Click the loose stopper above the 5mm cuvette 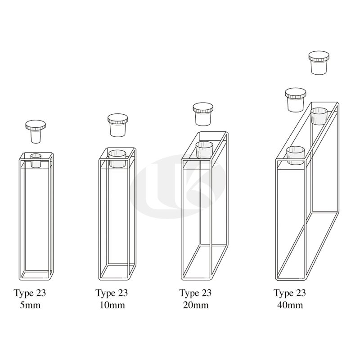point(36,131)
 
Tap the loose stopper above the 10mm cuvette point(117,125)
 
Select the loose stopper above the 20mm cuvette point(203,114)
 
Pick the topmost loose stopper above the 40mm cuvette point(319,63)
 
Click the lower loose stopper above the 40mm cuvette point(296,100)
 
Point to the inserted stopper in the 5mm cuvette point(36,161)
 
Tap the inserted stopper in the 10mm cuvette point(117,159)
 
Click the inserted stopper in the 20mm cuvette point(204,150)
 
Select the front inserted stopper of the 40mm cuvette point(296,155)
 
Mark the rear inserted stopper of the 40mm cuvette point(319,116)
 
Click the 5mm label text point(30,305)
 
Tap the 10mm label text point(112,305)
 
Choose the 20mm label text point(196,305)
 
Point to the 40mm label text point(290,305)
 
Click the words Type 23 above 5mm point(30,293)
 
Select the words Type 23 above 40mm point(290,293)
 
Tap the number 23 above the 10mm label point(123,293)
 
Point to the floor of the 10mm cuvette point(117,272)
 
